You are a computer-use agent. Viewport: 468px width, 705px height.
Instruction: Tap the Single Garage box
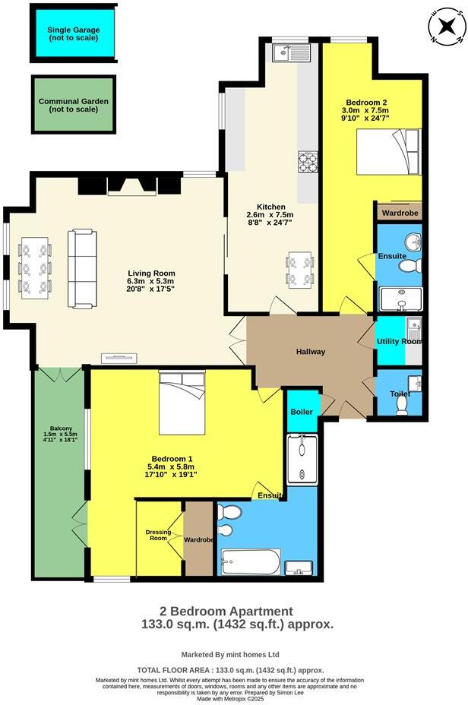pos(74,33)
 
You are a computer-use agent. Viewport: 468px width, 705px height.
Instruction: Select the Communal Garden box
pos(74,104)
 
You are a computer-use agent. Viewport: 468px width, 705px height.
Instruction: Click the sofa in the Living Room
pos(83,268)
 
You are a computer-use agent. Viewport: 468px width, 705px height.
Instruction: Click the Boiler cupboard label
pos(302,411)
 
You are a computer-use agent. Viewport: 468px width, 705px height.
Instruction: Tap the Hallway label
pos(311,351)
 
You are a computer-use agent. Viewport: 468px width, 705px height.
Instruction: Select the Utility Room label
pos(399,342)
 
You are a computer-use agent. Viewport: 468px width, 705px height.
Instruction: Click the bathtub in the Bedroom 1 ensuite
pos(250,562)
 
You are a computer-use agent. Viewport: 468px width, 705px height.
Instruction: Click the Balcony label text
pos(57,438)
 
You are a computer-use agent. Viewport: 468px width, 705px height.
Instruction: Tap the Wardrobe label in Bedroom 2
pos(400,213)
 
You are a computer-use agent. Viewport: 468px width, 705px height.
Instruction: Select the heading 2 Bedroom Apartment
pos(226,611)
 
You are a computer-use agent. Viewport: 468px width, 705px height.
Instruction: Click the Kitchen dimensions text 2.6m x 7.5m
pos(270,215)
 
